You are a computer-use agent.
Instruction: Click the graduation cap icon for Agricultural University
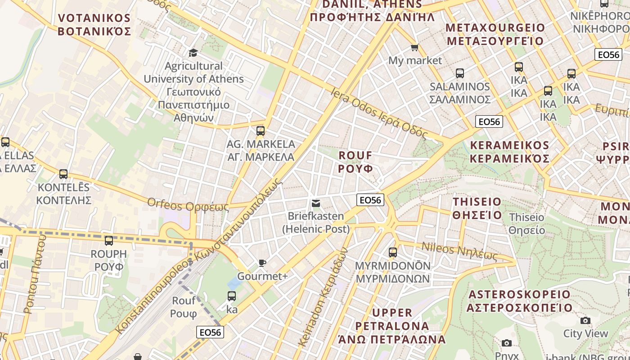[x=193, y=53]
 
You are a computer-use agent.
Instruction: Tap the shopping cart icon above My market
[x=414, y=47]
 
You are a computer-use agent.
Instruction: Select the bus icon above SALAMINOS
[x=459, y=73]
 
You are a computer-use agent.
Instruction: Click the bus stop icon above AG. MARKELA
[x=260, y=131]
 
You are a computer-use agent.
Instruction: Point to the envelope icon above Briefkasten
[x=316, y=203]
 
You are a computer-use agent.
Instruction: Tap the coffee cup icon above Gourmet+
[x=262, y=263]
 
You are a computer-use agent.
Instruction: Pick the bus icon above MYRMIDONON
[x=393, y=252]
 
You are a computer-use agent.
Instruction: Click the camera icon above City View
[x=585, y=320]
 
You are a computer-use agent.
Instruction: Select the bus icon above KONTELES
[x=63, y=174]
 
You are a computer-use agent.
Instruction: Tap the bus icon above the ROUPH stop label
[x=108, y=241]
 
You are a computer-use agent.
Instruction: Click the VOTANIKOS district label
[x=94, y=25]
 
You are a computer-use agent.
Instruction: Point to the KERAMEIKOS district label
[x=509, y=152]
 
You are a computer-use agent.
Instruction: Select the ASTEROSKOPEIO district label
[x=519, y=301]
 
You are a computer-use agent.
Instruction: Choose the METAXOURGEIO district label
[x=495, y=34]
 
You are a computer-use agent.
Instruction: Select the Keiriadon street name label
[x=323, y=297]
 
